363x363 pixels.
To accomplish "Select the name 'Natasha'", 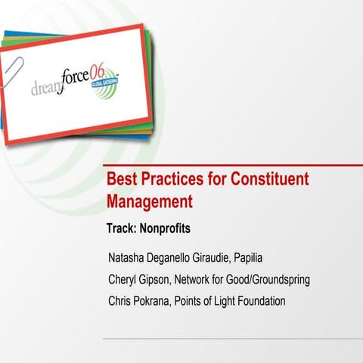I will click(x=130, y=257).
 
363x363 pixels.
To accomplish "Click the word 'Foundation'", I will click(x=259, y=301).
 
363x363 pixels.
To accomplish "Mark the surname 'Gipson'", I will click(x=161, y=279).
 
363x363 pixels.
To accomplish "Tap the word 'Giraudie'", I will click(x=222, y=257).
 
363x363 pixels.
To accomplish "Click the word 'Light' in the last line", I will click(x=220, y=301).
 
